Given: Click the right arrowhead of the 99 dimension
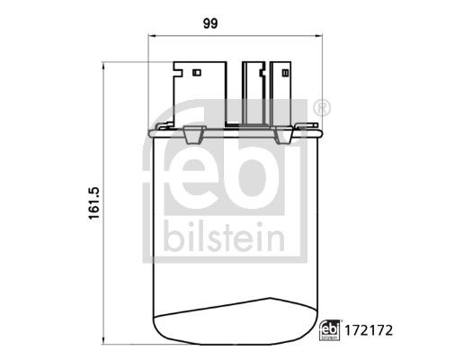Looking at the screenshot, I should point(316,39).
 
